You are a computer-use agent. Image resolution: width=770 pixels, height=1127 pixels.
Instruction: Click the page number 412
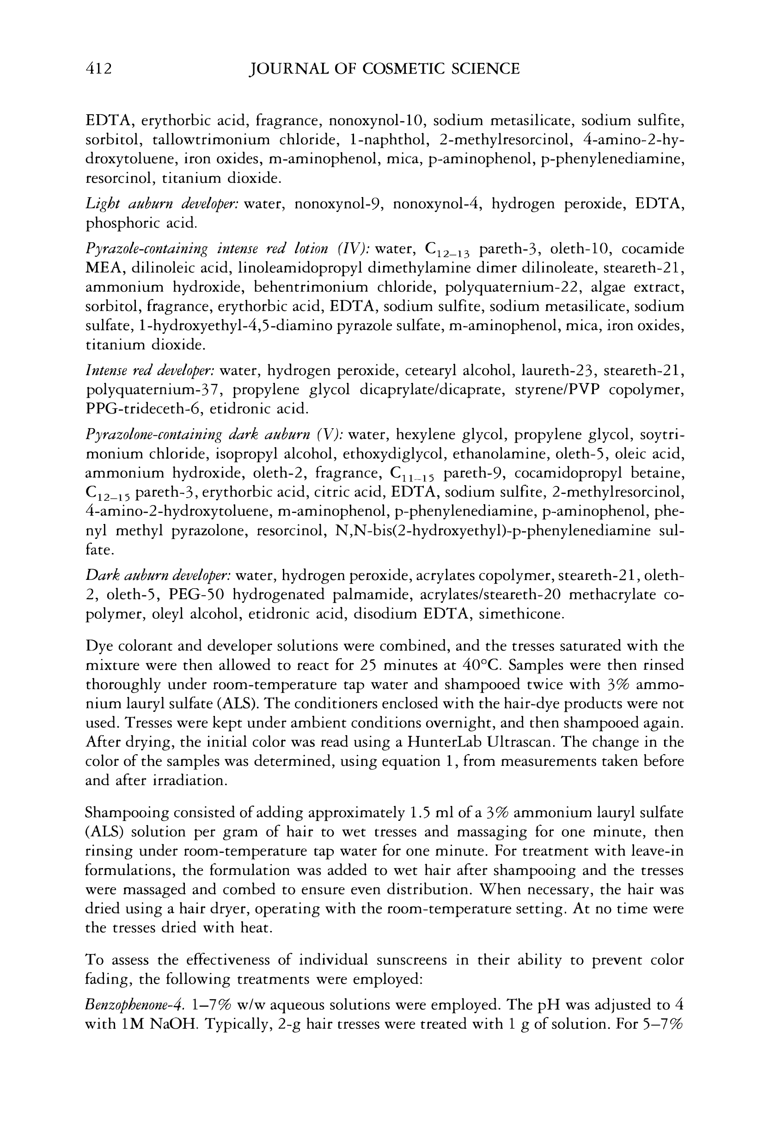98,68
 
